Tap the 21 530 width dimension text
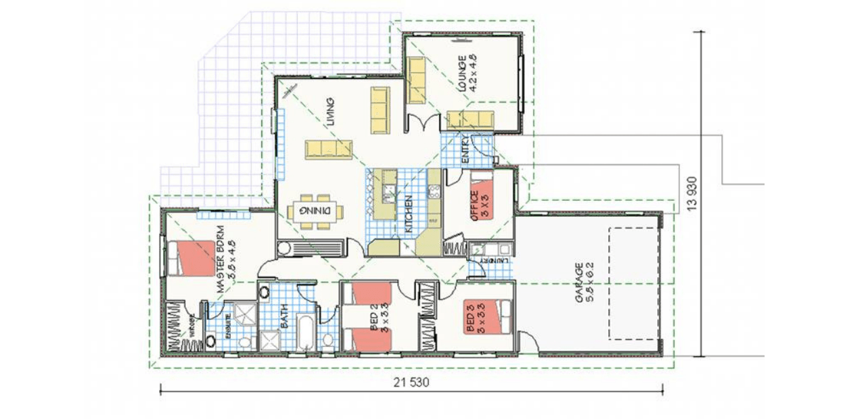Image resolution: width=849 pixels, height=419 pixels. (411, 382)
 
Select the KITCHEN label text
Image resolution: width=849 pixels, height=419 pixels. (409, 214)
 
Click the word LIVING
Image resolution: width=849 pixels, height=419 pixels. (331, 112)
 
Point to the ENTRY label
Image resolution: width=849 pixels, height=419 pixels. (465, 150)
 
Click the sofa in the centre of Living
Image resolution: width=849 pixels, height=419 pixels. (328, 149)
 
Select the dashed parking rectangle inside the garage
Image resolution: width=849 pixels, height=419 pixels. (633, 284)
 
